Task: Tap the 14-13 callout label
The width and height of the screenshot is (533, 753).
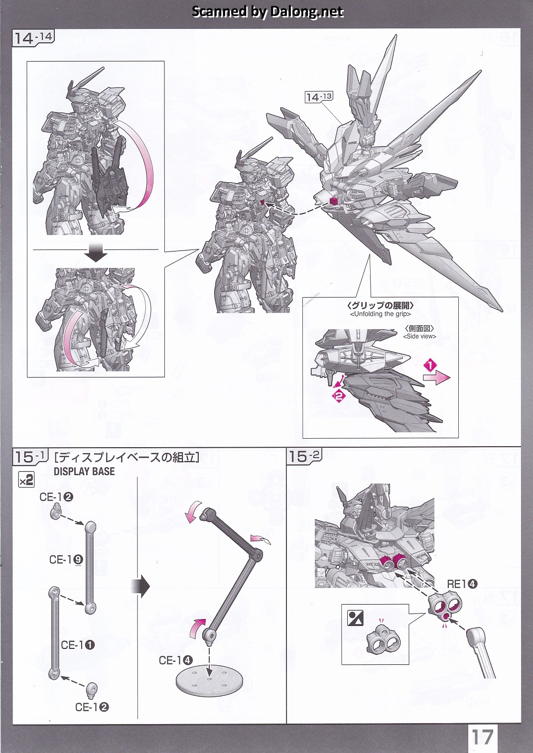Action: coord(318,97)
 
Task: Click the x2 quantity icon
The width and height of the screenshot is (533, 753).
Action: coord(26,480)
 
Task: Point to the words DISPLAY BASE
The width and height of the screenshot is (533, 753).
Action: coord(84,471)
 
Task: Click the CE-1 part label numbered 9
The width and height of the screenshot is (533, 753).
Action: coord(66,559)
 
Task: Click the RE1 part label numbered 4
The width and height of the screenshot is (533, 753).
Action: coord(462,584)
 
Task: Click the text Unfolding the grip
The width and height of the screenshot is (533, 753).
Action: coord(381,314)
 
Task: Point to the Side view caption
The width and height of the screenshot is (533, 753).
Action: coord(419,336)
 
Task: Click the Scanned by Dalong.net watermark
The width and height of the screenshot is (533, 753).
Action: coord(267,11)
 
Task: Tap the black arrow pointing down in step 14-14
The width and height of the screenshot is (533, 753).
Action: coord(96,255)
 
